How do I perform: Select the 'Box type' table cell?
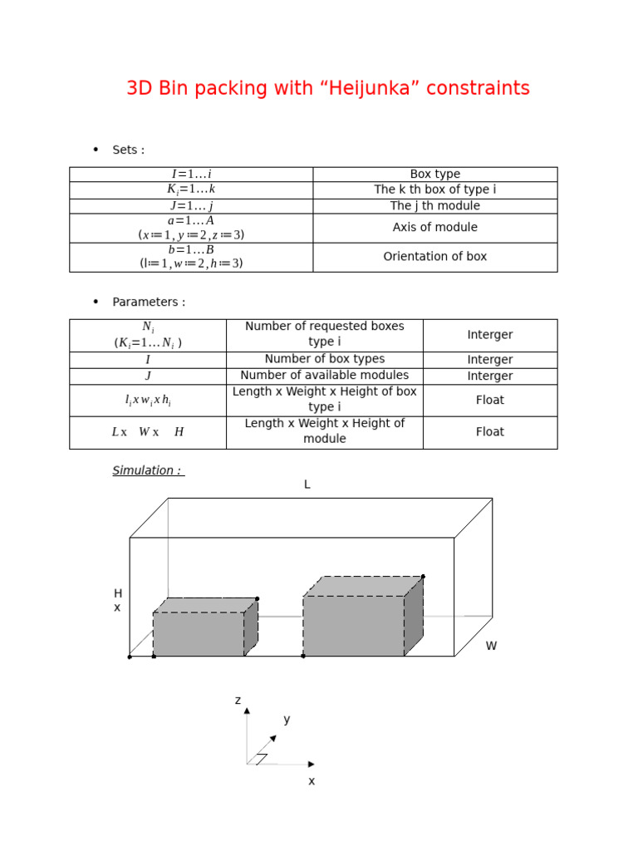[434, 175]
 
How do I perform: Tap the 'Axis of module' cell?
[434, 228]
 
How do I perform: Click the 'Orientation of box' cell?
[434, 257]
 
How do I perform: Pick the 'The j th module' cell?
[434, 206]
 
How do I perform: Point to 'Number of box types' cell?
[324, 359]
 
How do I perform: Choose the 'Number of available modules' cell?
[324, 376]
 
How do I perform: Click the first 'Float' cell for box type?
[489, 400]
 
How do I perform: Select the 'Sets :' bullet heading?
[128, 150]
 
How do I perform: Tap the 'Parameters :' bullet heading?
[149, 303]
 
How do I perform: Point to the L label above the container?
[307, 485]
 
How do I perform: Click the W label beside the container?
[491, 646]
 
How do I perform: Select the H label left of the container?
[118, 593]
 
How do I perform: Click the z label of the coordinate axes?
[238, 701]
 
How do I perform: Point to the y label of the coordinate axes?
[287, 720]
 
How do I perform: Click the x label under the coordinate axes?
[312, 781]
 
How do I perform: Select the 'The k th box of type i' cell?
[434, 190]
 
